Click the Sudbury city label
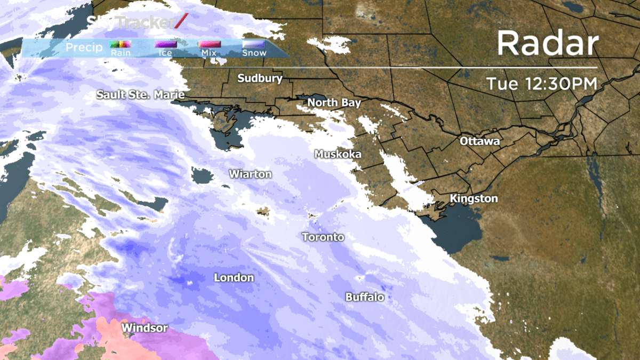tap(260, 78)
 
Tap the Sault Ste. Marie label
tap(140, 95)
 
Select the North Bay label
tap(334, 102)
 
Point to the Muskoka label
tap(338, 154)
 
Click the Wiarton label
tap(250, 174)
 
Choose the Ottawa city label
tap(480, 142)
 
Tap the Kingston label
tap(474, 199)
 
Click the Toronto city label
tap(323, 237)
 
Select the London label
tap(234, 278)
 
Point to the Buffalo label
tap(365, 297)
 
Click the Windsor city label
tap(145, 328)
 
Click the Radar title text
tap(548, 44)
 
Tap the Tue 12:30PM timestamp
tap(541, 84)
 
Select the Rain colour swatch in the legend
tap(120, 45)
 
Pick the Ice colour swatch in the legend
tap(165, 45)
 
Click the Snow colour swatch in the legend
tap(253, 45)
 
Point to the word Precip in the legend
tap(84, 49)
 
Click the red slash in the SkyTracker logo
tap(182, 21)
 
